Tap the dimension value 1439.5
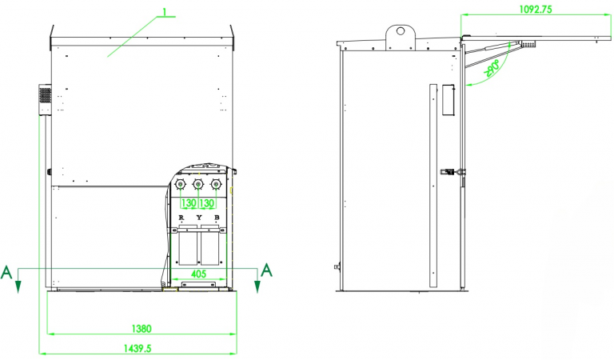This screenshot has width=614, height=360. pos(139,348)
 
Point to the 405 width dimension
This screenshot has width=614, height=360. pos(197,274)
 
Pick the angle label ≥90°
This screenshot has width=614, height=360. pos(492,70)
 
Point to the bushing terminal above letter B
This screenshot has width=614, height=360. pos(214,185)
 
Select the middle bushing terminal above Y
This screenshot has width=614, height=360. pos(197,185)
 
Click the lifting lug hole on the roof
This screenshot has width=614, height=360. pos(397,33)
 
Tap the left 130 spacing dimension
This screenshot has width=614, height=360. pos(189,203)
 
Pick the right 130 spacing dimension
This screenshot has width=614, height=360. pos(207,203)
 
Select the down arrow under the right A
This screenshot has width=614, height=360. pos(257,286)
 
